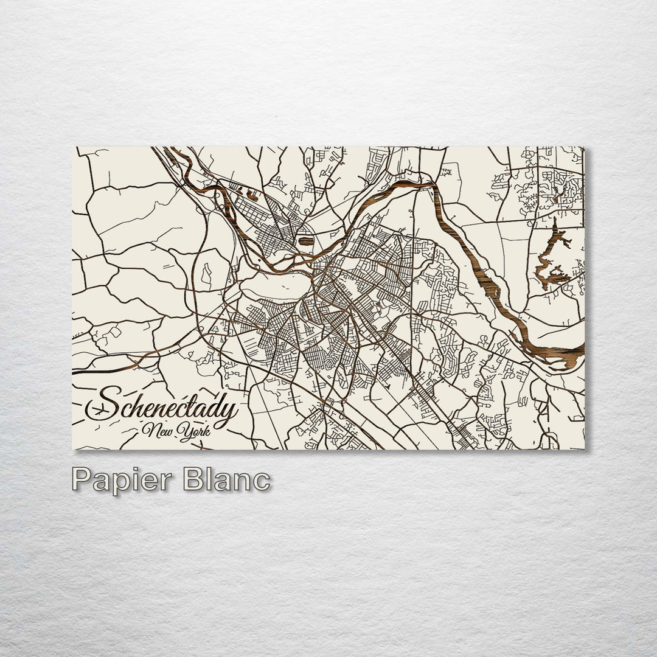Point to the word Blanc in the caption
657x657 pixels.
226,480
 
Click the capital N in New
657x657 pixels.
147,430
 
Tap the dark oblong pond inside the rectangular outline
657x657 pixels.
306,241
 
